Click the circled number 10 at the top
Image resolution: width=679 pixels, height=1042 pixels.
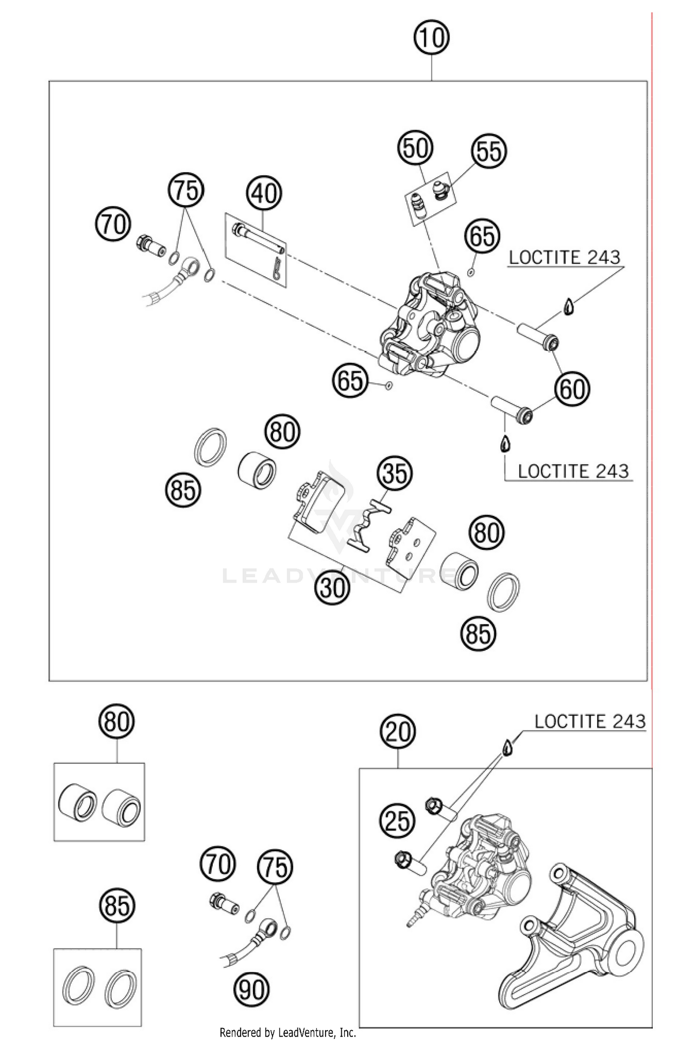click(x=431, y=38)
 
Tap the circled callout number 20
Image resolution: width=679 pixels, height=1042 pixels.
click(x=398, y=731)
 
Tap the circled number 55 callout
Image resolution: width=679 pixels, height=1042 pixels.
click(x=489, y=152)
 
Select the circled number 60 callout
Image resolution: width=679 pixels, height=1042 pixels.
click(x=572, y=389)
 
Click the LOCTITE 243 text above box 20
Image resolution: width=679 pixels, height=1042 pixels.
click(x=589, y=722)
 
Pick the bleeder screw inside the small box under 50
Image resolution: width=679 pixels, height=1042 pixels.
click(x=418, y=205)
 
